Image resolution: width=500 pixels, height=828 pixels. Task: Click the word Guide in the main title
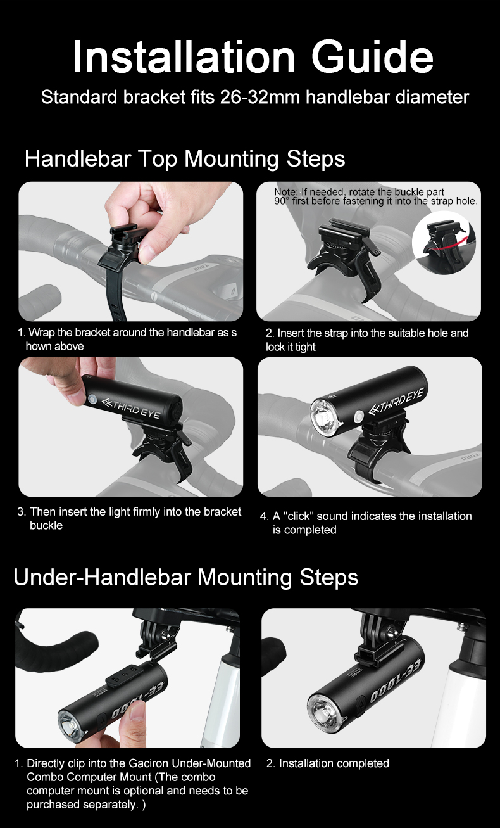point(372,57)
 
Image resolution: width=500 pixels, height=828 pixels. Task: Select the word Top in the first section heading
point(158,159)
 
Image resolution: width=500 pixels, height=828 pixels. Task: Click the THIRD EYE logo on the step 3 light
point(131,408)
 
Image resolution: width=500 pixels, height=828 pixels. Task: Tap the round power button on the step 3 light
point(92,400)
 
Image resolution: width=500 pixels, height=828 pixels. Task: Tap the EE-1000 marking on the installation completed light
point(397,681)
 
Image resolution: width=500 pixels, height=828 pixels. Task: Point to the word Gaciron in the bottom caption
point(149,763)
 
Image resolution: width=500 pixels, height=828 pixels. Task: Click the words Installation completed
point(334,763)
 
